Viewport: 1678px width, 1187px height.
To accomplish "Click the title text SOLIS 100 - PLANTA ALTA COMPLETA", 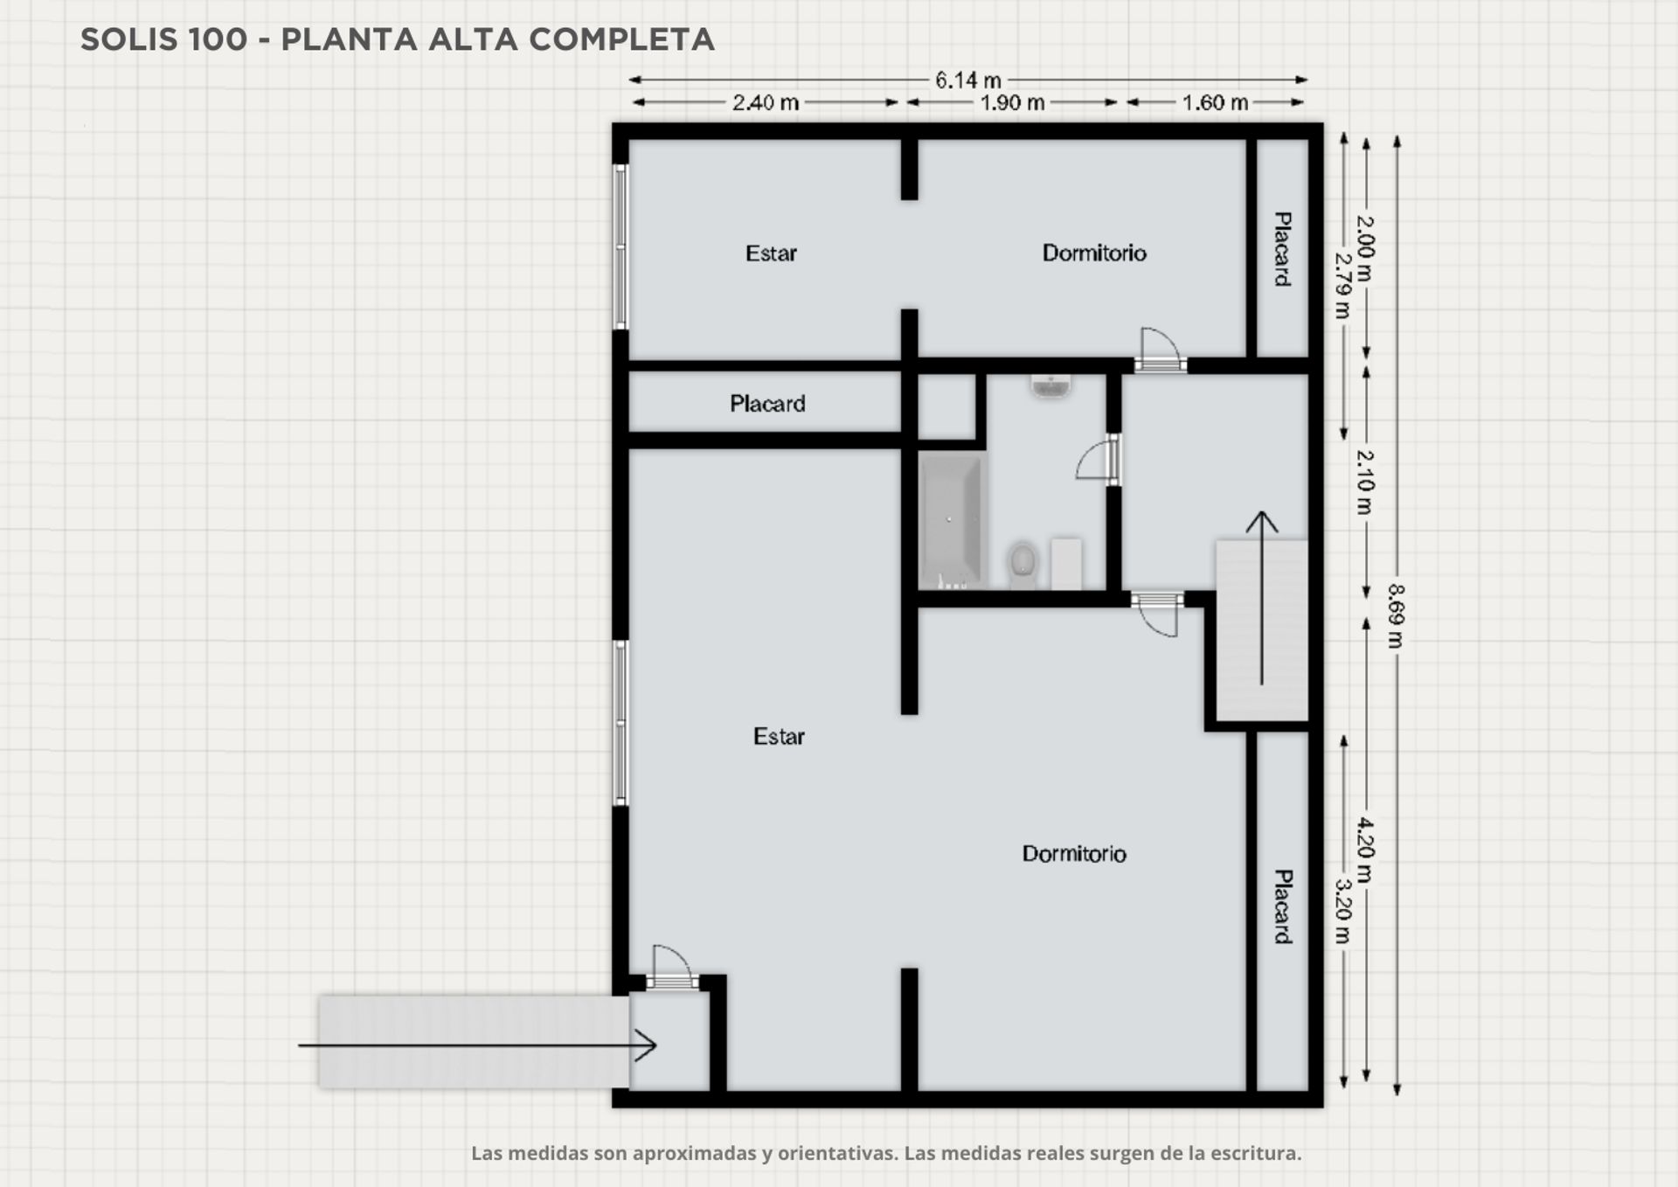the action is [398, 39].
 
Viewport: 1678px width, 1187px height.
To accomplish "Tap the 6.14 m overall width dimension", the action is [967, 80].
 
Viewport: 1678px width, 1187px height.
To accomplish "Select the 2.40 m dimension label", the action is [766, 103].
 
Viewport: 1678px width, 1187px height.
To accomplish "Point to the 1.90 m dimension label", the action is [1012, 103].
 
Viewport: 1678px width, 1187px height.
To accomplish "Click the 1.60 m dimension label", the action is [1215, 103].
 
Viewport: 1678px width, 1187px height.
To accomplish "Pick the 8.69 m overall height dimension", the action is [1396, 615].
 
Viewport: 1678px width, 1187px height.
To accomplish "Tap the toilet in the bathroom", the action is [1022, 564].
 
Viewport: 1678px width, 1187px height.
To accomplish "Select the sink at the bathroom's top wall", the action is [1050, 385].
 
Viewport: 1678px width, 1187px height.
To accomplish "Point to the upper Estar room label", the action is [771, 253].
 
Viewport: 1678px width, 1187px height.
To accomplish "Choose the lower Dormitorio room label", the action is [1074, 854].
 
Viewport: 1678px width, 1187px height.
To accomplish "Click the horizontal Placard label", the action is [767, 404].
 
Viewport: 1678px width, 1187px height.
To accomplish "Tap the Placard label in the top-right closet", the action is [1281, 249].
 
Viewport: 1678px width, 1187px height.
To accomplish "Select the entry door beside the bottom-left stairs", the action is [671, 968].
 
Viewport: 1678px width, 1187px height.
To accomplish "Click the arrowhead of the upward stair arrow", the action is [1261, 522].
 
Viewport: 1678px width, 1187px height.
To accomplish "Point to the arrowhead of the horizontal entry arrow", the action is [646, 1045].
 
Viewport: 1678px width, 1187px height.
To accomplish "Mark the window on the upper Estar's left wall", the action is [621, 246].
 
